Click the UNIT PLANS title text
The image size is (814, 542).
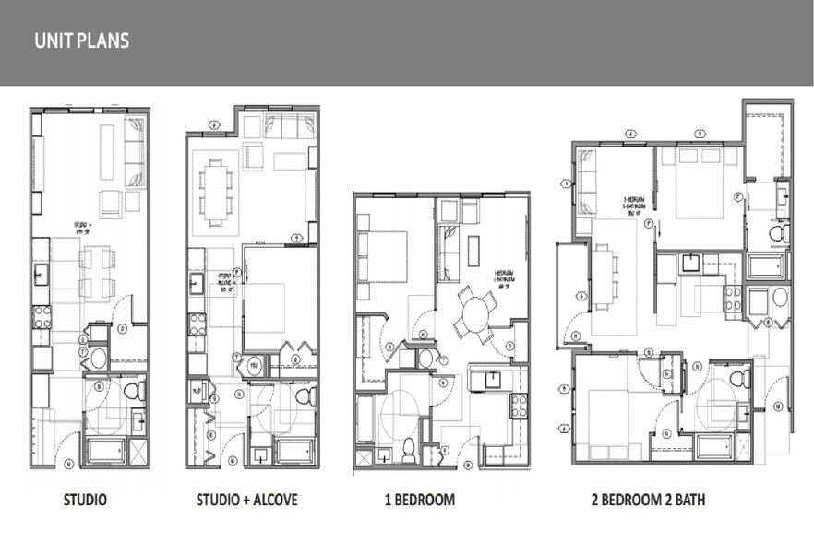tap(81, 41)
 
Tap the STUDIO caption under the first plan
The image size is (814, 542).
tap(85, 501)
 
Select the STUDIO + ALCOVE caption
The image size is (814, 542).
tap(246, 501)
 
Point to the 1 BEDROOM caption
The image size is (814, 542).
tap(420, 501)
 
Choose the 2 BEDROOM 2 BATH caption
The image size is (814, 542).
tap(648, 501)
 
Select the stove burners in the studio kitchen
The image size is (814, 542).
tap(42, 317)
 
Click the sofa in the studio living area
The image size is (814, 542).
tap(135, 152)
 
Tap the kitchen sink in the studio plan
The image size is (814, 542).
tap(42, 274)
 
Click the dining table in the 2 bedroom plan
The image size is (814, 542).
tap(605, 277)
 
